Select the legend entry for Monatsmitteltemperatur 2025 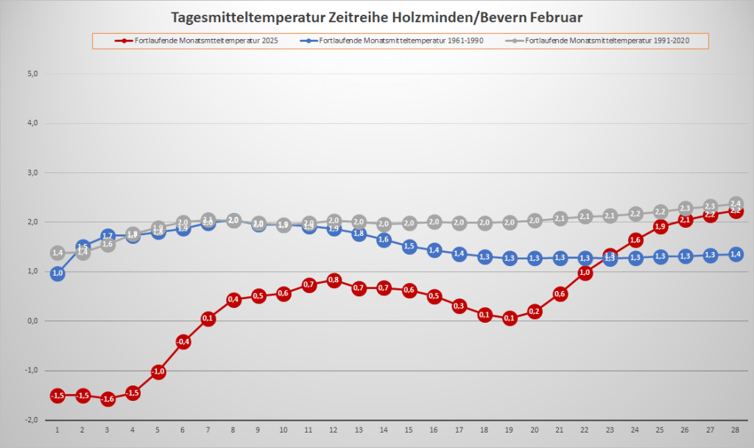pyautogui.click(x=201, y=40)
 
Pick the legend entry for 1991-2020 pyautogui.click(x=607, y=40)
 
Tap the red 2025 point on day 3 pyautogui.click(x=108, y=399)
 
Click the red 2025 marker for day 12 pyautogui.click(x=334, y=280)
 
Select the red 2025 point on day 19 pyautogui.click(x=509, y=318)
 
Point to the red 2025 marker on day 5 pyautogui.click(x=158, y=371)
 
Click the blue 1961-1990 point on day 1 pyautogui.click(x=57, y=273)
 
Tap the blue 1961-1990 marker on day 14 pyautogui.click(x=384, y=239)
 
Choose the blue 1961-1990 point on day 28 pyautogui.click(x=735, y=254)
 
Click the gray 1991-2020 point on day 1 pyautogui.click(x=57, y=253)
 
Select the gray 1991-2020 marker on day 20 pyautogui.click(x=535, y=220)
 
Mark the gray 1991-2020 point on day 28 pyautogui.click(x=735, y=203)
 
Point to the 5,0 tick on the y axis pyautogui.click(x=32, y=74)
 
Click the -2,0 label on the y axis pyautogui.click(x=31, y=419)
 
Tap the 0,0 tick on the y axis pyautogui.click(x=32, y=321)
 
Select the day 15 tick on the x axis pyautogui.click(x=409, y=430)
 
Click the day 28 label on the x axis pyautogui.click(x=735, y=430)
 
